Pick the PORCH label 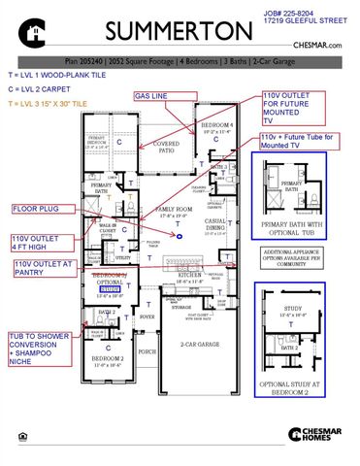pyautogui.click(x=147, y=352)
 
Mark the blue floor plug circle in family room pyautogui.click(x=178, y=235)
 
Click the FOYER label pyautogui.click(x=147, y=316)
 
